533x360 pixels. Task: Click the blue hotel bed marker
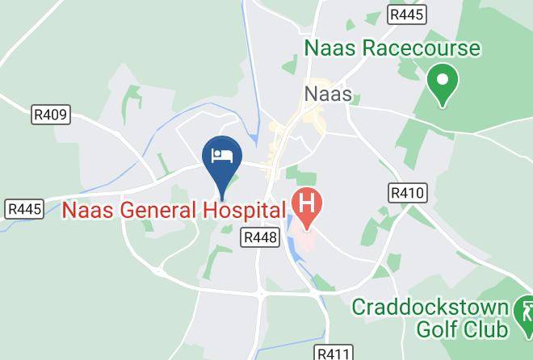(x=222, y=157)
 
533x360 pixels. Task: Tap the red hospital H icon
(x=306, y=201)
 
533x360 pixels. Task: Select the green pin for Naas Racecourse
(x=442, y=83)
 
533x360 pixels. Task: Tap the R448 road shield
(x=259, y=237)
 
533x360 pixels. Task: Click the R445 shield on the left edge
(x=23, y=209)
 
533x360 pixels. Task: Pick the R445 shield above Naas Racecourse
(x=407, y=15)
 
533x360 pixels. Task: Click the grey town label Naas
(x=328, y=94)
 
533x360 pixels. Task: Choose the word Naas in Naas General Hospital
(x=87, y=211)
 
